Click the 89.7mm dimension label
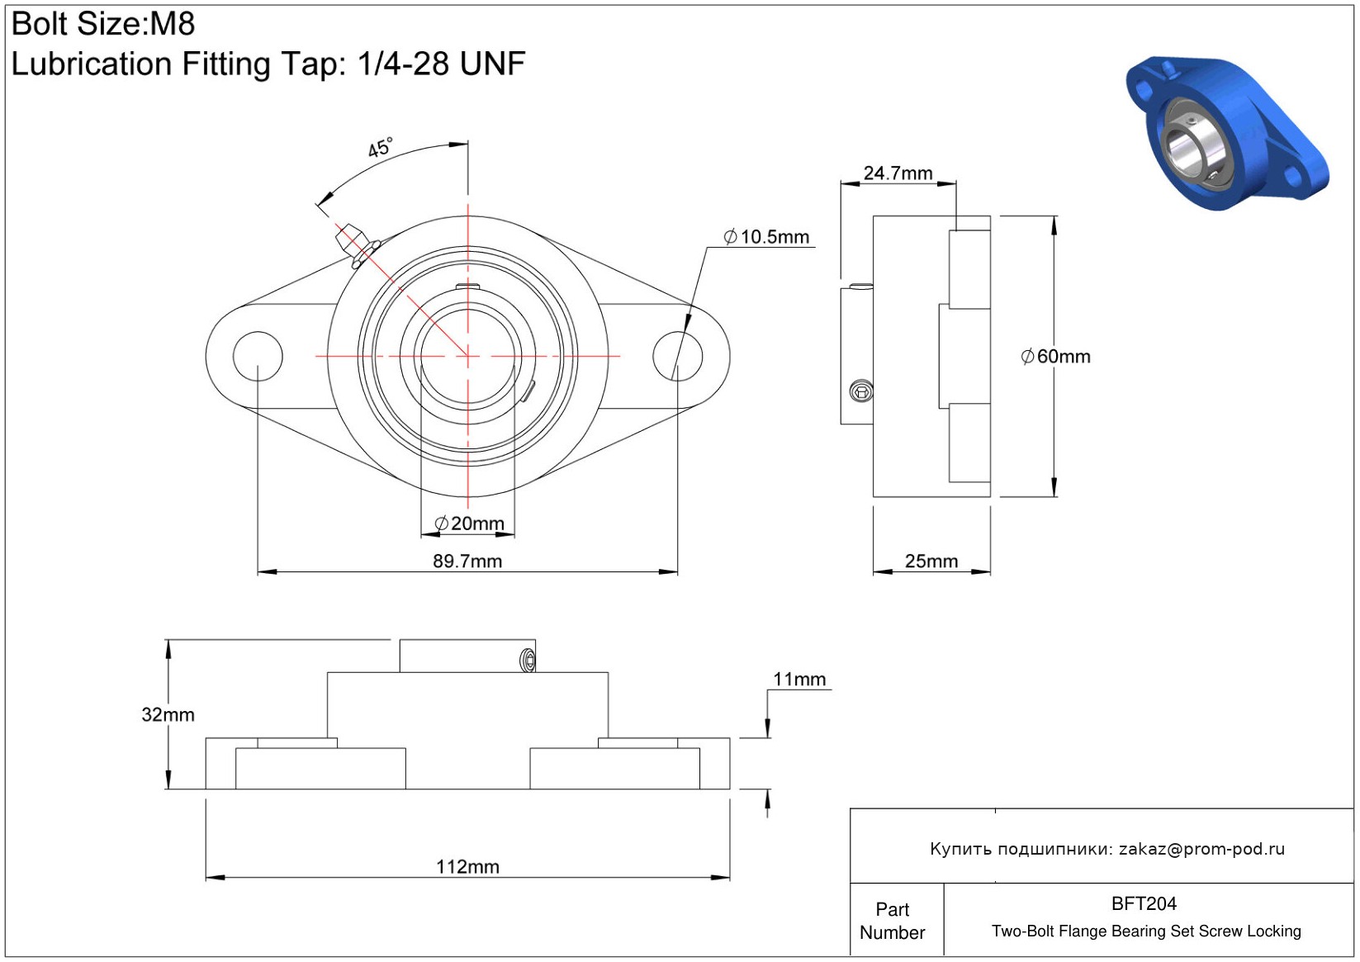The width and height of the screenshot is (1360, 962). [x=467, y=561]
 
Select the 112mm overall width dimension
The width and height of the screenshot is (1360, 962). [x=467, y=867]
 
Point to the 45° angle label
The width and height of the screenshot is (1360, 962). [x=381, y=147]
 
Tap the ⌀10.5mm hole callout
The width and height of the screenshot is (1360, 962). [x=766, y=236]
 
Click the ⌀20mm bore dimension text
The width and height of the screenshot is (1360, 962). [x=469, y=523]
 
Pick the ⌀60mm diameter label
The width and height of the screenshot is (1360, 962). [x=1055, y=356]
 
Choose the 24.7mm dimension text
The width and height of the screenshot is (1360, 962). [x=898, y=173]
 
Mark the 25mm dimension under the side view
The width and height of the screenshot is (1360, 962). [x=931, y=561]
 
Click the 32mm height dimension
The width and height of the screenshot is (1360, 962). [x=168, y=714]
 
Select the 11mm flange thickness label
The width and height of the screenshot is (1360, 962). [x=799, y=679]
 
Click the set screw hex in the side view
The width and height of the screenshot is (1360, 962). [x=861, y=391]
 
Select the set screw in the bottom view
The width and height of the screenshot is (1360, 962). [x=528, y=660]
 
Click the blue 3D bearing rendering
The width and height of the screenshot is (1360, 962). [x=1226, y=134]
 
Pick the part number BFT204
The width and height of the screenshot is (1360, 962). [x=1144, y=903]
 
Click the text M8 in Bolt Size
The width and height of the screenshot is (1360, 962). [x=173, y=24]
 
